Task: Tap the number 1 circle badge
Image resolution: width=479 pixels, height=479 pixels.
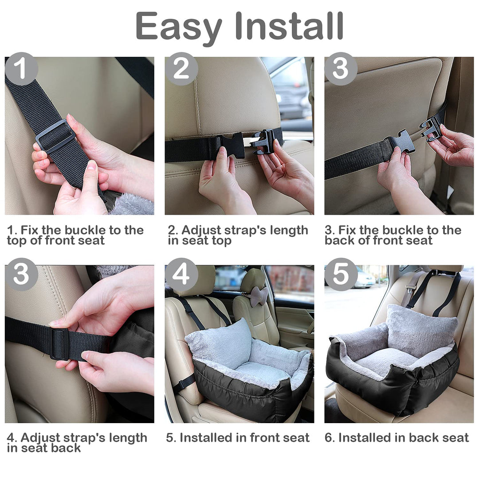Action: pos(21,69)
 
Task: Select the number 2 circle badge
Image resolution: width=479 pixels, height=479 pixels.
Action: pos(181,69)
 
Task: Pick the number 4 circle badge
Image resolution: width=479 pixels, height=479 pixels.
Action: pos(181,275)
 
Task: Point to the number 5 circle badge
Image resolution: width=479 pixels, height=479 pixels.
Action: pos(341,275)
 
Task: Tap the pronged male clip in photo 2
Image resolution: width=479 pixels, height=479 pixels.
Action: pos(263,141)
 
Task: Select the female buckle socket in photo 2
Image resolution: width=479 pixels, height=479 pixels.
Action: pos(233,146)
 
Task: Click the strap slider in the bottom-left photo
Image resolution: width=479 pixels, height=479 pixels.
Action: pos(59,344)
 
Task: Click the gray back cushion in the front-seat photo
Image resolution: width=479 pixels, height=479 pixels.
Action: pos(220,343)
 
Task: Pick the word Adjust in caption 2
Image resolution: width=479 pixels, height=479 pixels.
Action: pos(200,231)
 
